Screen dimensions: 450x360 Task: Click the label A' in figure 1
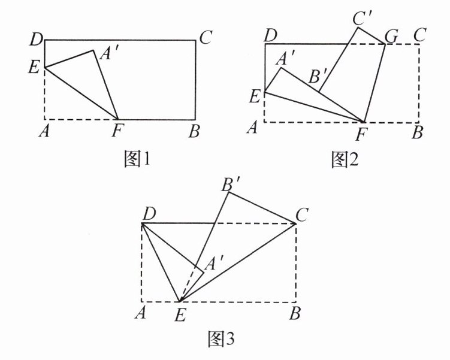(x=108, y=55)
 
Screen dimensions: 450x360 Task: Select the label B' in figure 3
(x=231, y=183)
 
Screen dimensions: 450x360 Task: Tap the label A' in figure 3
(x=212, y=263)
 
